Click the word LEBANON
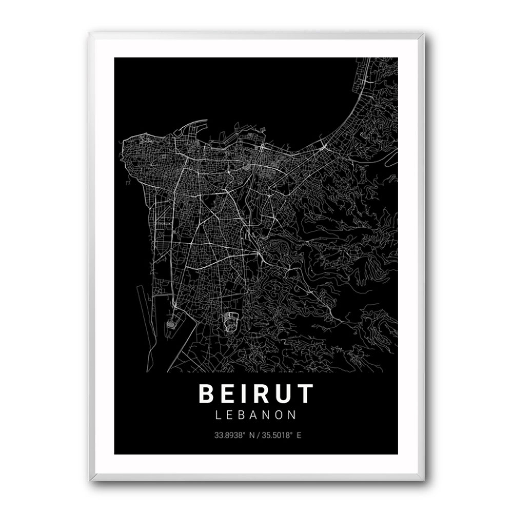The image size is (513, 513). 256,415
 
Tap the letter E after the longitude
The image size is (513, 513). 299,436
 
